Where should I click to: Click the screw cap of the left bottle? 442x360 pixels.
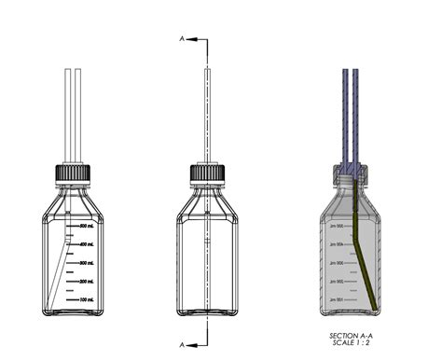[72, 173]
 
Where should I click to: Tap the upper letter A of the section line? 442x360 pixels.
[182, 38]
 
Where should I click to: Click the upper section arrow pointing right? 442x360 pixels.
[194, 38]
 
